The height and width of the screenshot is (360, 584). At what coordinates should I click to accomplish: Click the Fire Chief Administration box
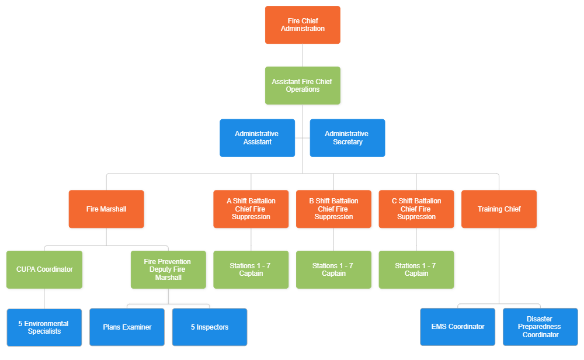coord(303,25)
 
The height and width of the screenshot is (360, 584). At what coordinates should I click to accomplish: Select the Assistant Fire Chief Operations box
coord(303,86)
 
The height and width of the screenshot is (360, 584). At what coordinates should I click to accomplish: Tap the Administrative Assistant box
coord(257,138)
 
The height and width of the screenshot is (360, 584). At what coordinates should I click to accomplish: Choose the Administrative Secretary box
coord(347,138)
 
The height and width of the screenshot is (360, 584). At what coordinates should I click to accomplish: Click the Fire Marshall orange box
coord(106,209)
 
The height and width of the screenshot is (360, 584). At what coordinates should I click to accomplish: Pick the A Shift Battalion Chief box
coord(251,209)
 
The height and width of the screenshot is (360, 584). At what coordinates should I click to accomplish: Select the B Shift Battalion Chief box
coord(333,209)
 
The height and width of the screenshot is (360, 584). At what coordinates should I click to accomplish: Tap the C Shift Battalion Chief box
coord(416,209)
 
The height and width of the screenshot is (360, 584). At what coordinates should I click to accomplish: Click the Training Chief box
coord(499,209)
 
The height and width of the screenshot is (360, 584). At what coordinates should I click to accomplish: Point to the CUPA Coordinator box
coord(44,270)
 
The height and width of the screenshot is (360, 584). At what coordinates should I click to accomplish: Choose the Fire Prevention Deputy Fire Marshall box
coord(168,270)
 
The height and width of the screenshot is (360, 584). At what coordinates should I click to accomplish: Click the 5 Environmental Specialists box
coord(44,327)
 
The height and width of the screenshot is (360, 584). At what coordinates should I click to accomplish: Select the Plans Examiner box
coord(127,327)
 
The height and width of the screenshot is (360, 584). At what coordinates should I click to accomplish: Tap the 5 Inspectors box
coord(209,327)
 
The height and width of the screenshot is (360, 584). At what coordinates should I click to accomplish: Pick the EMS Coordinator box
coord(457,327)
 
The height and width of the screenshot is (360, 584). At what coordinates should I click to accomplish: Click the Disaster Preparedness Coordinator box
coord(540,327)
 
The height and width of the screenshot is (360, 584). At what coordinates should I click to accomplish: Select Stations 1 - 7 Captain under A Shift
coord(251,270)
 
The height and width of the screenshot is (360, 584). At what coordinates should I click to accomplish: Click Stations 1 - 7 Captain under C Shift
coord(416,270)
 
